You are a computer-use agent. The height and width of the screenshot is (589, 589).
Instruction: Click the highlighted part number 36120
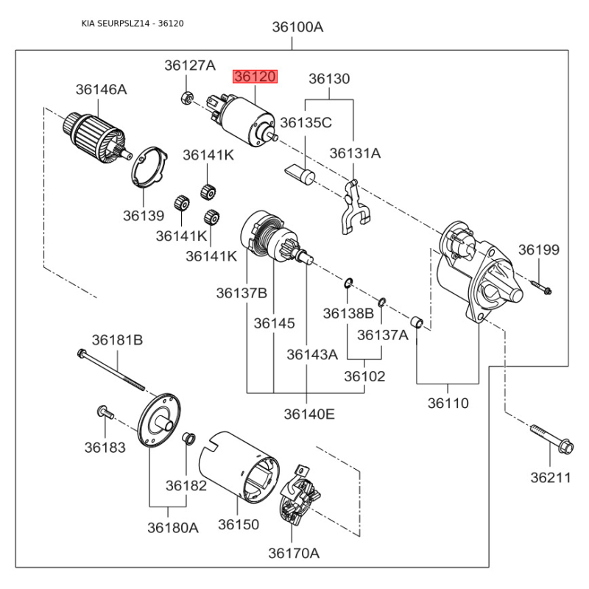pos(255,77)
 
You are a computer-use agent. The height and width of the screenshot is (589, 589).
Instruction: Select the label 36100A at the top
pos(297,27)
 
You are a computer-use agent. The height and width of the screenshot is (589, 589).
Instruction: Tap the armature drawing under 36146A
pos(94,135)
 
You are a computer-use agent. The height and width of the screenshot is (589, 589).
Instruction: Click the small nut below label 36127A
pos(187,96)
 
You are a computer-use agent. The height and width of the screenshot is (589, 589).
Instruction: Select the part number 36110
pos(448,403)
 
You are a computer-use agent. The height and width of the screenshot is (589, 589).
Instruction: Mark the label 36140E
pos(309,414)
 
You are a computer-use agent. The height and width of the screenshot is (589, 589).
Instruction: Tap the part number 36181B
pos(117,339)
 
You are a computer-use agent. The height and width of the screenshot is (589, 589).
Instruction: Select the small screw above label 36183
pos(104,412)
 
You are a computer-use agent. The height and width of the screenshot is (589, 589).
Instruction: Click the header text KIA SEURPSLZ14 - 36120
pos(133,24)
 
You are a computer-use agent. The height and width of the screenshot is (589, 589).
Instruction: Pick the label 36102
pos(364,375)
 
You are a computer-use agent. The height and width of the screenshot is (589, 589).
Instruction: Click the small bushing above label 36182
pos(188,440)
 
